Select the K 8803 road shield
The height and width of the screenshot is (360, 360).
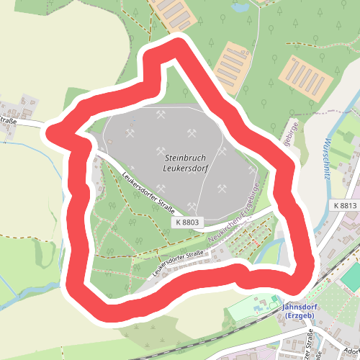[186, 222]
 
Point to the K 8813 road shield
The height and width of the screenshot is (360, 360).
[345, 206]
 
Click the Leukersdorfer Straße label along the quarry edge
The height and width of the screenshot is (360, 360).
[149, 190]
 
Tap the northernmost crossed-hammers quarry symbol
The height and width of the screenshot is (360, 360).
[161, 113]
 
